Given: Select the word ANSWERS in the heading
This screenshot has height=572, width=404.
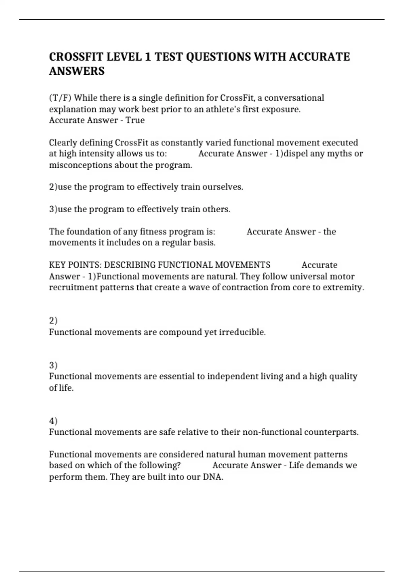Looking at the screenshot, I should (77, 71).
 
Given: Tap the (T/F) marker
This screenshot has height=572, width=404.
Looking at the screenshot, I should (60, 98).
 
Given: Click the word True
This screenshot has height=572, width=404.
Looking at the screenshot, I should (135, 120).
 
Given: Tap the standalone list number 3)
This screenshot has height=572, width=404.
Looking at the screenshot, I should (53, 365).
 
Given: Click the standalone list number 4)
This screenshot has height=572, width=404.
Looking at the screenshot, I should (53, 421).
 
